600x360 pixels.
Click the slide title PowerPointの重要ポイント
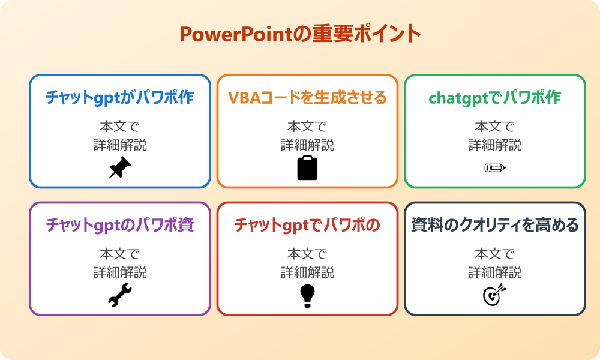tap(300, 34)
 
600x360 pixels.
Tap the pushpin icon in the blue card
tap(120, 168)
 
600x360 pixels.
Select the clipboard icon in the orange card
tap(307, 168)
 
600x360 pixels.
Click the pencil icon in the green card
tap(495, 168)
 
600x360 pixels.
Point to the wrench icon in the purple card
tap(120, 295)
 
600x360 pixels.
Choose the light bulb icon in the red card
tap(307, 295)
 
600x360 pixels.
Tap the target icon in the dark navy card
tap(495, 295)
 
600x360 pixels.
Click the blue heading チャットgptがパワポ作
tap(120, 98)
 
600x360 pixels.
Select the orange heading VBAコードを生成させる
tap(307, 98)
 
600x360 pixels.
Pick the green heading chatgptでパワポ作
tap(495, 98)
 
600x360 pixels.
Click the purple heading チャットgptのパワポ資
tap(120, 225)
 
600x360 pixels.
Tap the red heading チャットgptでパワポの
tap(307, 225)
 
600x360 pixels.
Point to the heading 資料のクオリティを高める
tap(495, 225)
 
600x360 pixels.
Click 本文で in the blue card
tap(120, 127)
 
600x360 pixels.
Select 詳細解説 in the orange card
tap(307, 145)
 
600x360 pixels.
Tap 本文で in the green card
tap(495, 127)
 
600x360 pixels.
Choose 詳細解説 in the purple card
tap(120, 272)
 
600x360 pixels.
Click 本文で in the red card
tap(307, 254)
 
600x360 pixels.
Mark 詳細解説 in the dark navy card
tap(495, 272)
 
